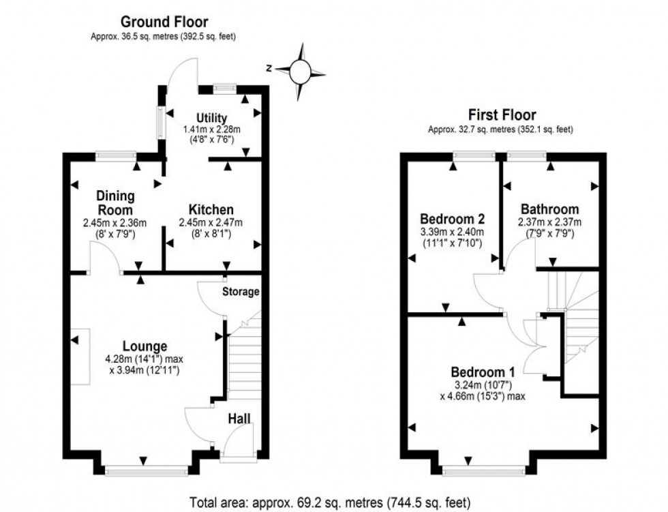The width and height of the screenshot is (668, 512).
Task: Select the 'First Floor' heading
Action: (501, 115)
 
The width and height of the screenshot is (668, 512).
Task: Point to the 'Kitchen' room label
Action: (211, 209)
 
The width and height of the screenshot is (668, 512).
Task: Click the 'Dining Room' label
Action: (114, 202)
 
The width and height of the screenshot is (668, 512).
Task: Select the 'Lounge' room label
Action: (145, 346)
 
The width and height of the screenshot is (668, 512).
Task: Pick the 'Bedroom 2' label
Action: (452, 219)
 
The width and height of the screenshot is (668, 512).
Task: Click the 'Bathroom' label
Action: (549, 209)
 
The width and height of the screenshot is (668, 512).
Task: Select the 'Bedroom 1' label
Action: (483, 372)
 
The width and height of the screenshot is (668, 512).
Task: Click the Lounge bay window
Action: (146, 469)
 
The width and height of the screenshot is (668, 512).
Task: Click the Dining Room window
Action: (115, 155)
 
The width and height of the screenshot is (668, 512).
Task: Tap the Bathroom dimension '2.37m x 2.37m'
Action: (549, 222)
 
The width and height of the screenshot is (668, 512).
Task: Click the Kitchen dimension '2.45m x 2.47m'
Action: (211, 222)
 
